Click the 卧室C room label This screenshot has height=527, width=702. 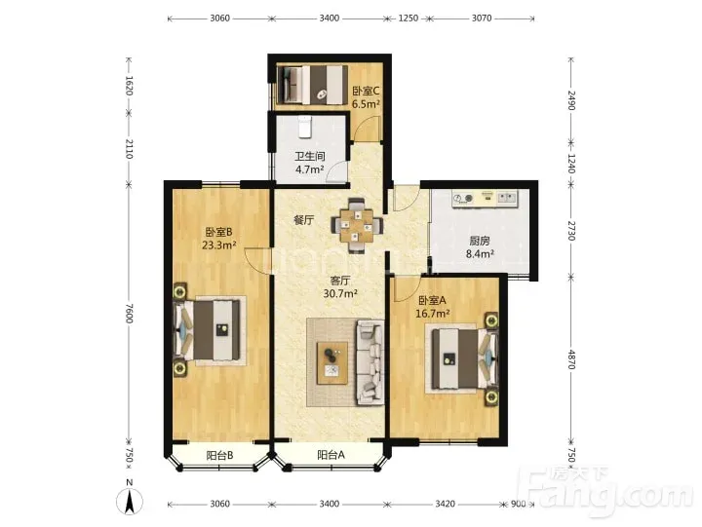click(x=366, y=91)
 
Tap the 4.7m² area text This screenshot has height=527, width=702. click(x=310, y=169)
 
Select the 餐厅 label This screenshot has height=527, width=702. click(x=303, y=220)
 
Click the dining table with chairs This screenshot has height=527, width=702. click(x=357, y=226)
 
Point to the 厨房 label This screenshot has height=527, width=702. click(x=480, y=241)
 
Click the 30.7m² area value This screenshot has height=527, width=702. click(x=340, y=293)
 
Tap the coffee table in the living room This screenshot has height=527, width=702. click(x=332, y=362)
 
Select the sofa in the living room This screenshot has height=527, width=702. click(x=370, y=362)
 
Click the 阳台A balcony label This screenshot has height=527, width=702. click(x=331, y=455)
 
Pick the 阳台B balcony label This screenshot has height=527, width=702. click(x=219, y=456)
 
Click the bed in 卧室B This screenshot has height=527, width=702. click(x=210, y=330)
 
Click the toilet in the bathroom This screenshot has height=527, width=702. click(x=304, y=127)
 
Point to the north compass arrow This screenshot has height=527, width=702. click(x=130, y=502)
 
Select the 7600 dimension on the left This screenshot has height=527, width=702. click(x=129, y=313)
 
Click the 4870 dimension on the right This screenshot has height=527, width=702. click(x=571, y=358)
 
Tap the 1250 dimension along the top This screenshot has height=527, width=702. click(x=409, y=19)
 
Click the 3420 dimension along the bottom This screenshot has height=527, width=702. click(x=445, y=505)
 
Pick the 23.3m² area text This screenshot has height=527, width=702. click(x=219, y=245)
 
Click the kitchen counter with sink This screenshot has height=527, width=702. click(x=486, y=198)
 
